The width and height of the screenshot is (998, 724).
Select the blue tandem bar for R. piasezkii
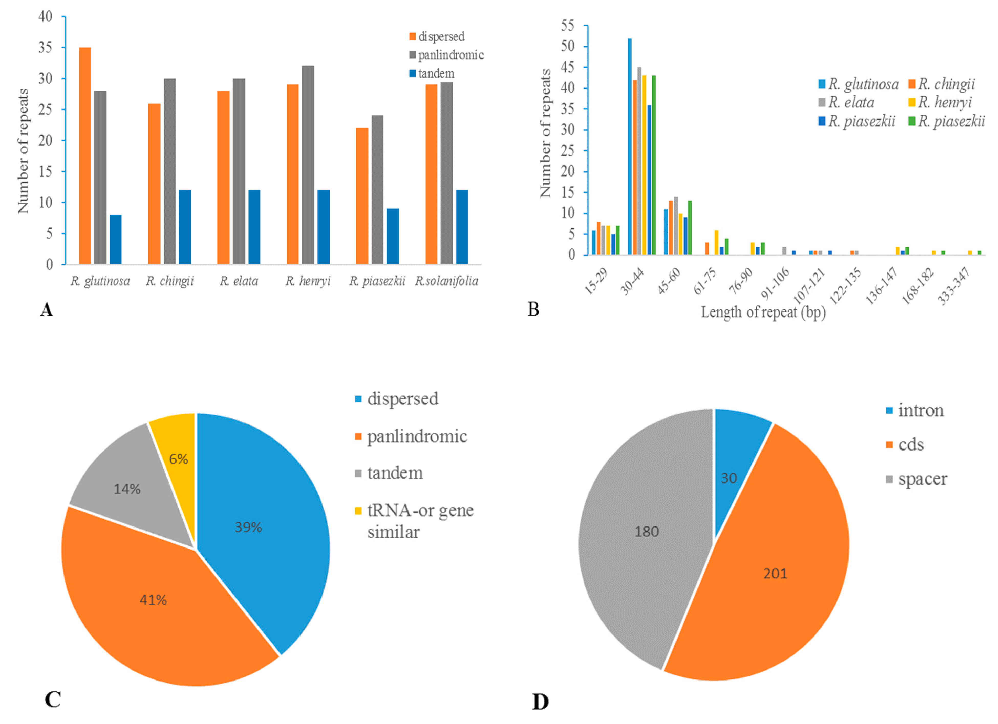392,236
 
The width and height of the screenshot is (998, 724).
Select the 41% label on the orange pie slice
153,600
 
